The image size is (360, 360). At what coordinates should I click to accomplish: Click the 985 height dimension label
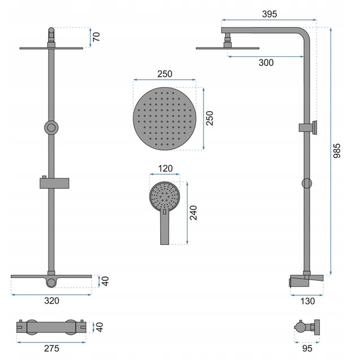337,151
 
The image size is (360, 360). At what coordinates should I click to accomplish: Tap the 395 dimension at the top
269,14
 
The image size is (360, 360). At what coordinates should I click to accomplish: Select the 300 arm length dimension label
266,62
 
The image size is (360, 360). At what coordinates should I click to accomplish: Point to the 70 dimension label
97,37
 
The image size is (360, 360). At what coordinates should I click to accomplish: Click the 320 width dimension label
52,301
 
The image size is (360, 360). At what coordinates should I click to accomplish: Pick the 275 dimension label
52,349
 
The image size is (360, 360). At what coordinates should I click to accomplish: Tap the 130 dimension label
308,301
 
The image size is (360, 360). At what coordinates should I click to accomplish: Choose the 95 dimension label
307,349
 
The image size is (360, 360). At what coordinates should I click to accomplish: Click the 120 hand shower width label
166,169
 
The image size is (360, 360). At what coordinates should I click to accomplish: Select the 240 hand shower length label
193,213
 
